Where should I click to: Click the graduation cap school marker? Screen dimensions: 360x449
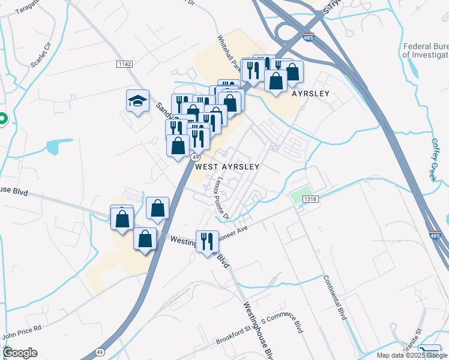(137, 101)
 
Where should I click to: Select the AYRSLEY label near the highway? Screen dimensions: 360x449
(311, 94)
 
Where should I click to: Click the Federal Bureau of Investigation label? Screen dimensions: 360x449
(426, 50)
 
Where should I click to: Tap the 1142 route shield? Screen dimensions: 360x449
(125, 64)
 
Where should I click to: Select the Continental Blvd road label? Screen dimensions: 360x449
(336, 297)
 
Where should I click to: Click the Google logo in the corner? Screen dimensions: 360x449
(19, 352)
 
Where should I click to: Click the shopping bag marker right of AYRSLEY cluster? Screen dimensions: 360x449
(292, 72)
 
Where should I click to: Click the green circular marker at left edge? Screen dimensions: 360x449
(2, 119)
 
